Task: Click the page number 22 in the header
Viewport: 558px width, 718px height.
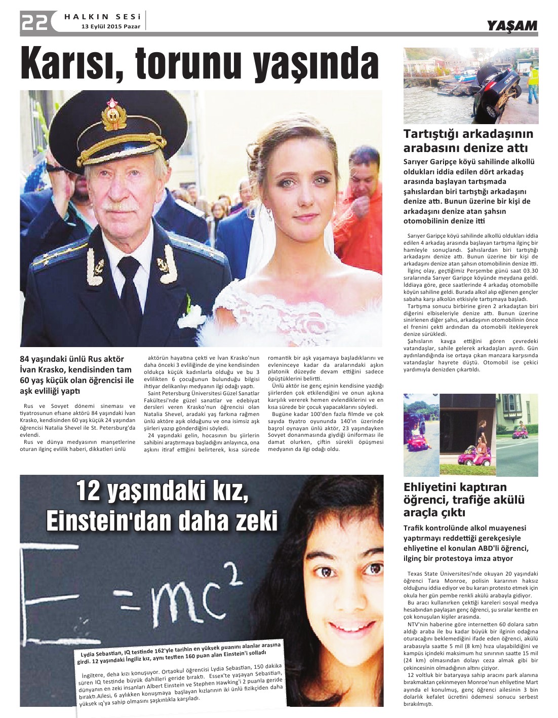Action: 34,22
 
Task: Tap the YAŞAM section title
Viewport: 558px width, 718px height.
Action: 511,26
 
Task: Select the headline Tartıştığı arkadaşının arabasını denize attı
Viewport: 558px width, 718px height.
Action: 468,141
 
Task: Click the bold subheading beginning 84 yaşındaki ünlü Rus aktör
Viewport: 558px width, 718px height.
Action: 77,375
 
